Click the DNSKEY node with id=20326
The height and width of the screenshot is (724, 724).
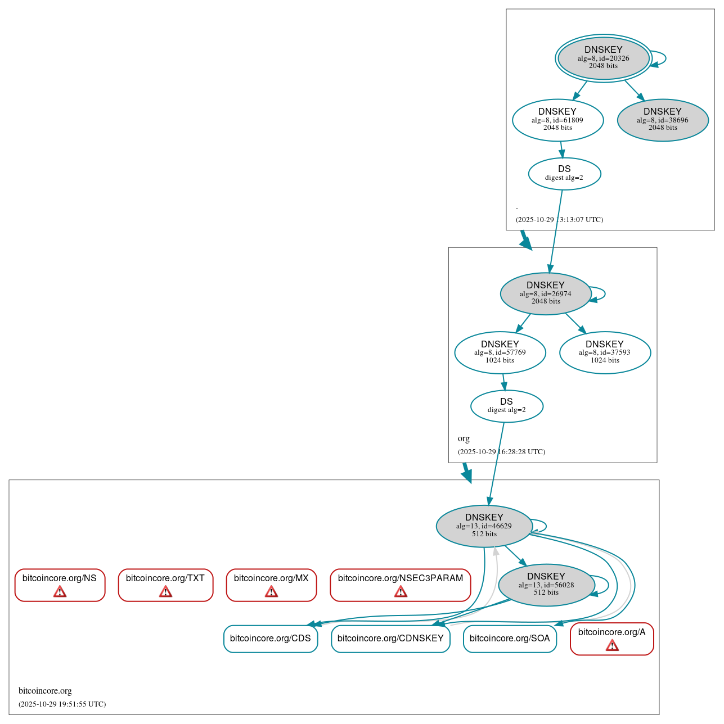603,58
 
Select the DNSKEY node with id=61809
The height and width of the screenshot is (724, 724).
557,120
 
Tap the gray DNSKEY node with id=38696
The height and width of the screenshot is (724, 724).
662,120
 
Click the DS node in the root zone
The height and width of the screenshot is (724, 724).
564,173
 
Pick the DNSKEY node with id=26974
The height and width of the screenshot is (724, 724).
545,293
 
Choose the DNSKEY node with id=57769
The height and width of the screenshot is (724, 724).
500,352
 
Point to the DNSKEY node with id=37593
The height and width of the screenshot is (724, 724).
605,352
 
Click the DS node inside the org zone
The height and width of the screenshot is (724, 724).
506,406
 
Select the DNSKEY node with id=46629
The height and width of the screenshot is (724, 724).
484,526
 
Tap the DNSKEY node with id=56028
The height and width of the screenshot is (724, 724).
546,585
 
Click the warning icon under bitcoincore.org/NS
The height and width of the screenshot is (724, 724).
60,592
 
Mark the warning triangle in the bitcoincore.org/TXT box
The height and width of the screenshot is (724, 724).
165,592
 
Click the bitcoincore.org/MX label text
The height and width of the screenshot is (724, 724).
271,578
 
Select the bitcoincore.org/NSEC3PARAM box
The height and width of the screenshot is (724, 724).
400,585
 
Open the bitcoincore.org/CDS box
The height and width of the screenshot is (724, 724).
271,639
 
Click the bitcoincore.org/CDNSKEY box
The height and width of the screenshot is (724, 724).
390,639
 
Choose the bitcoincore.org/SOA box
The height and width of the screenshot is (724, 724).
510,639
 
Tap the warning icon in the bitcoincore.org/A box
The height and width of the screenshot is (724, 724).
612,646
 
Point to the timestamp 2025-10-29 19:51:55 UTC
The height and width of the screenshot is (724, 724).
62,704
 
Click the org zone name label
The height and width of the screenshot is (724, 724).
464,438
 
